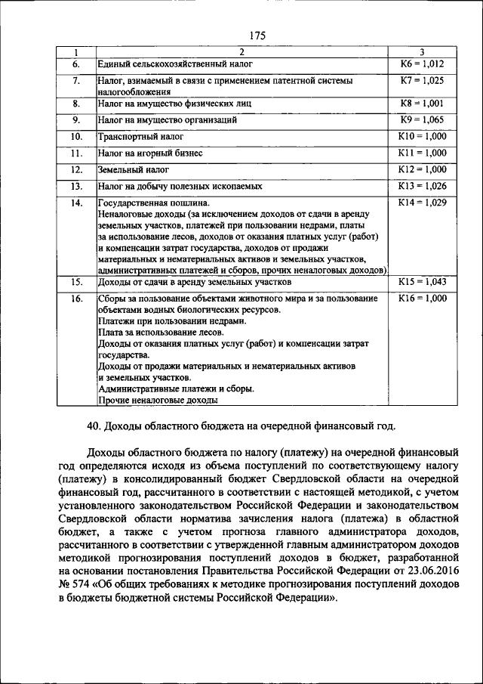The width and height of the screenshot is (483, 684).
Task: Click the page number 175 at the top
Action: [x=256, y=35]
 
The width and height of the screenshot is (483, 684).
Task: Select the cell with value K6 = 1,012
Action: [x=422, y=63]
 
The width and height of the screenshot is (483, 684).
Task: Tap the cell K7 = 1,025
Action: [x=422, y=79]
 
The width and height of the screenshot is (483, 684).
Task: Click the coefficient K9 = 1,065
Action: [x=422, y=119]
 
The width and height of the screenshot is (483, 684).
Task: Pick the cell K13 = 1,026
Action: [x=422, y=185]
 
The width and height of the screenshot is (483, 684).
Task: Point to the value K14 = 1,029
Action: [x=422, y=203]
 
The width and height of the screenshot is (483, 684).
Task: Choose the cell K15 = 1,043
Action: [x=422, y=282]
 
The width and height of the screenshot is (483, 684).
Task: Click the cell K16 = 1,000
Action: [x=422, y=299]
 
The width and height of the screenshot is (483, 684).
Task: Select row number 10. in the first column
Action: [x=76, y=136]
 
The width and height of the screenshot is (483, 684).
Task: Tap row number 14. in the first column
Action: [x=76, y=203]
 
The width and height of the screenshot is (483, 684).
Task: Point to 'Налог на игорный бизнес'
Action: [x=149, y=153]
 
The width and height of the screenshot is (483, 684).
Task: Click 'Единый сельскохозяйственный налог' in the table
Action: [x=174, y=64]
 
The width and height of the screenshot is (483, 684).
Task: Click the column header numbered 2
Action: [x=241, y=51]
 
